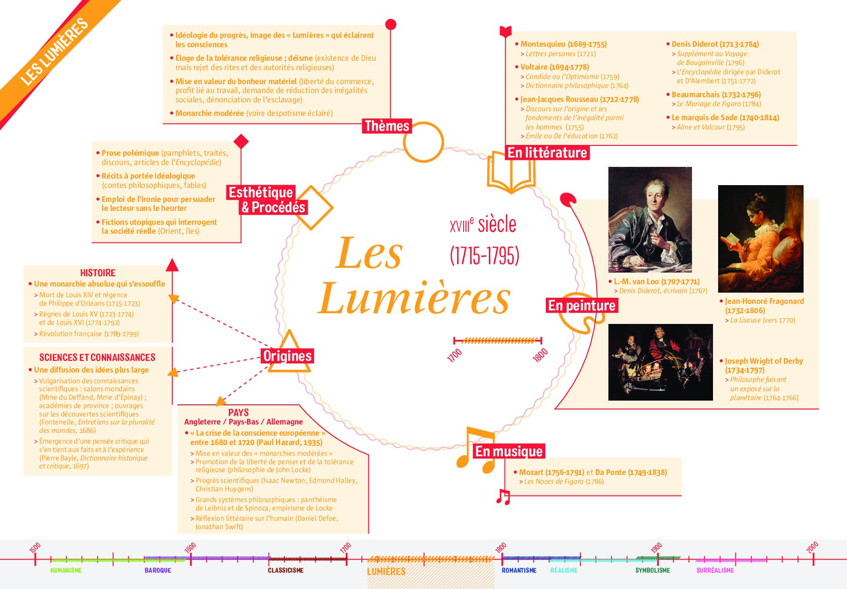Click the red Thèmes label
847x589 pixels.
click(x=387, y=126)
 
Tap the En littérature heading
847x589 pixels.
click(x=547, y=153)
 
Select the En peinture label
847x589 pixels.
click(x=582, y=305)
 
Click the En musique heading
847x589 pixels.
click(x=509, y=451)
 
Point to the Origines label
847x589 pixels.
click(x=287, y=356)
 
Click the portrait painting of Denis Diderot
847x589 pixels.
click(x=650, y=219)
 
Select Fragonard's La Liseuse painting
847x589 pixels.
click(x=761, y=239)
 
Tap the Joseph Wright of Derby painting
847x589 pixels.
click(x=660, y=362)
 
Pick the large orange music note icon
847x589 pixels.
click(x=475, y=449)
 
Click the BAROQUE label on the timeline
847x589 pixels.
click(x=158, y=570)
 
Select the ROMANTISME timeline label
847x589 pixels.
click(x=519, y=570)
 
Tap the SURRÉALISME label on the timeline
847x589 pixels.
click(x=715, y=570)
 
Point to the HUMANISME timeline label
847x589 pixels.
click(x=66, y=570)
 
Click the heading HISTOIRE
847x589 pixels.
click(x=98, y=273)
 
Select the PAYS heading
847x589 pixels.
click(x=238, y=413)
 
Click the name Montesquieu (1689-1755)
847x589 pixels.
click(x=564, y=44)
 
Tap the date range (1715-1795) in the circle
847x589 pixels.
click(x=485, y=256)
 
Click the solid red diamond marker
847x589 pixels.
click(x=240, y=141)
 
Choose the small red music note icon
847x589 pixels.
click(x=503, y=496)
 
